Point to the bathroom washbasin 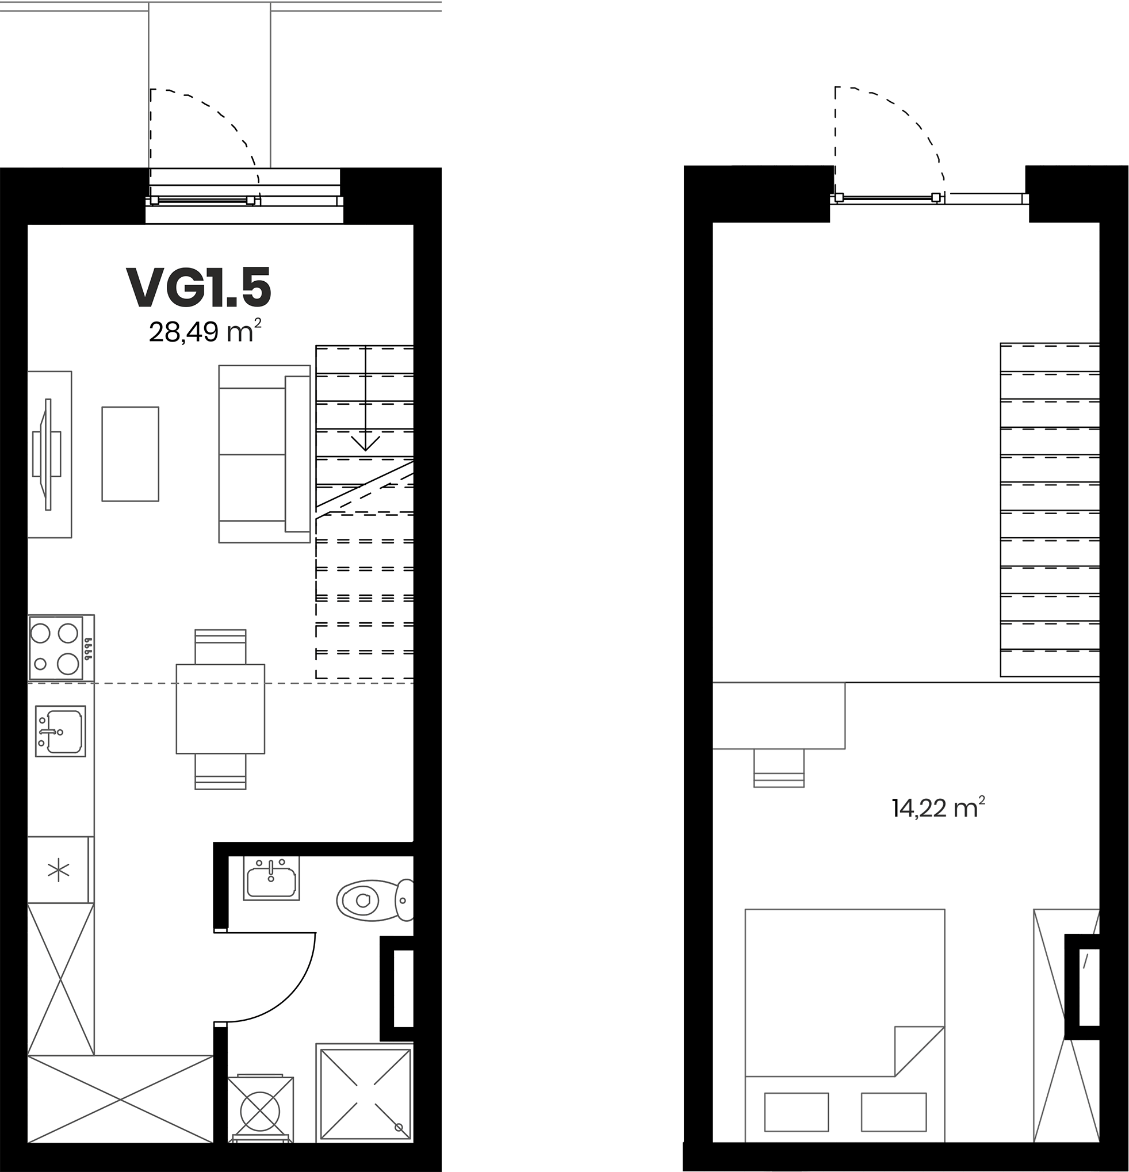click(271, 878)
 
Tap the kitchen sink click(60, 731)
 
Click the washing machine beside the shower click(260, 1109)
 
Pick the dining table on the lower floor click(220, 708)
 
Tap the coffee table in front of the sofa click(131, 454)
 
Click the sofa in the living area click(265, 454)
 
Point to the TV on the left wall click(47, 454)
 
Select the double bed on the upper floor click(845, 1026)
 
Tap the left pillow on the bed click(797, 1112)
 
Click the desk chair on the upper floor click(779, 768)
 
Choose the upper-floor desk click(779, 716)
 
